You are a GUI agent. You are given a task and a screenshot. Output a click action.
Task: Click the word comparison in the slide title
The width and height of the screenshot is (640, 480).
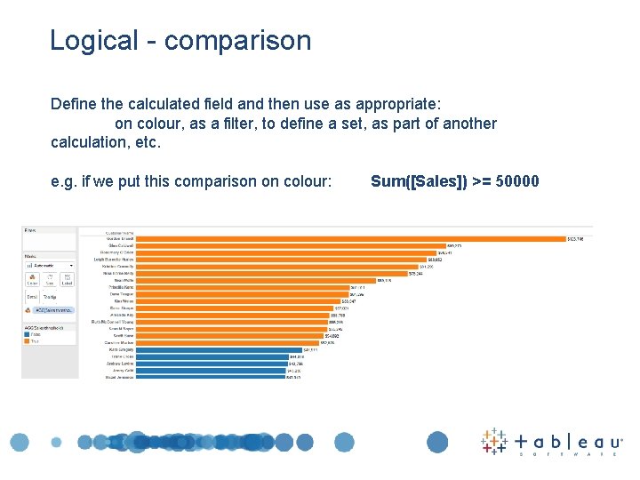[x=237, y=41]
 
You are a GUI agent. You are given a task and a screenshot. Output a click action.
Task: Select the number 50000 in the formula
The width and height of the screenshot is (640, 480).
[x=518, y=182]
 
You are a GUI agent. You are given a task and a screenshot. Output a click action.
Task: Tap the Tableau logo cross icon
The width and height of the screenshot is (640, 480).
[x=494, y=441]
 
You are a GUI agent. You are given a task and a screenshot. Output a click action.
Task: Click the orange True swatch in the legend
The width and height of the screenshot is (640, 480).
[x=28, y=340]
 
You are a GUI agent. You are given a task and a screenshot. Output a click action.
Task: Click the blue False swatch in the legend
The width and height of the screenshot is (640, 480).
[x=28, y=334]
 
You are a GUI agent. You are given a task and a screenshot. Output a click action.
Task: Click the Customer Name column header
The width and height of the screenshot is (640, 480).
[x=120, y=233]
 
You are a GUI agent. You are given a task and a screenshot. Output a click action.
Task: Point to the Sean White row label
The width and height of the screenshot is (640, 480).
[x=124, y=280]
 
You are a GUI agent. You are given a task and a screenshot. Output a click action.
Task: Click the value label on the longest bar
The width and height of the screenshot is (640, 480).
[x=576, y=238]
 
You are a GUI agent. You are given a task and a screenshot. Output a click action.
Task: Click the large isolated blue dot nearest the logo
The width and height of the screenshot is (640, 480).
[x=437, y=442]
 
